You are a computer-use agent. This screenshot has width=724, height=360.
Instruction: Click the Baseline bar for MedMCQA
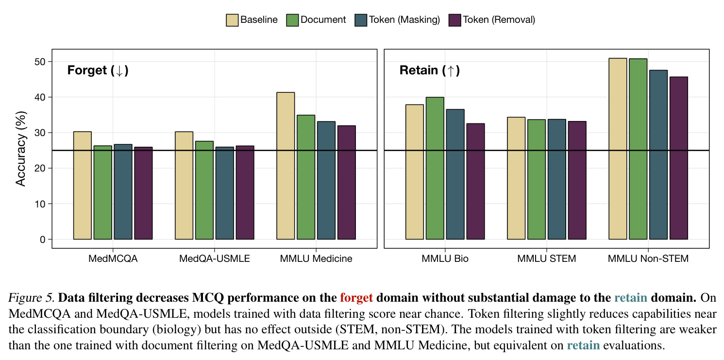83,185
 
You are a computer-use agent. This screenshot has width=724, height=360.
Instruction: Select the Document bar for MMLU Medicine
306,177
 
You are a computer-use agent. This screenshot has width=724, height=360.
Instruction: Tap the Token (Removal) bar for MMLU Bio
475,181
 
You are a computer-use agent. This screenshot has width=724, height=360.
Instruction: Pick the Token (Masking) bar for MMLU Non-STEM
658,154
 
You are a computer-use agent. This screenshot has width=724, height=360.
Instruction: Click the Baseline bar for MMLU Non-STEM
618,149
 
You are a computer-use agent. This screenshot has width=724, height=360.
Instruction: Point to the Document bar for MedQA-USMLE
204,190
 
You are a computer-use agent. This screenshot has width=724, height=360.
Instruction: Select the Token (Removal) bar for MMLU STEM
577,180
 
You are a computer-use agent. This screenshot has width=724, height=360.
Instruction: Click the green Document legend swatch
292,20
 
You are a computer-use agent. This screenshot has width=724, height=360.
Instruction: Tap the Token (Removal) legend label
499,20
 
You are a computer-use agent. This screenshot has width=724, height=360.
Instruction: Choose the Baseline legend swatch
232,20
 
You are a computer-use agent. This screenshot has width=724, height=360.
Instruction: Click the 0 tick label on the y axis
43,240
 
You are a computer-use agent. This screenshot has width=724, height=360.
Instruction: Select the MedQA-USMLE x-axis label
215,258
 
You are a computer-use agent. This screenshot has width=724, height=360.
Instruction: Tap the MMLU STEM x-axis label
547,258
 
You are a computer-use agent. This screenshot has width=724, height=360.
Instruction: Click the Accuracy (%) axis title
20,149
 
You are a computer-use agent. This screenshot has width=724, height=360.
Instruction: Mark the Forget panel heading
98,70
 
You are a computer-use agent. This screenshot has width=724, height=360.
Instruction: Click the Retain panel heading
430,70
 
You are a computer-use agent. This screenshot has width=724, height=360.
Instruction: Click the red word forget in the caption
356,298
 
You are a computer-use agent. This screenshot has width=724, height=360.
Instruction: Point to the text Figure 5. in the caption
32,298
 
